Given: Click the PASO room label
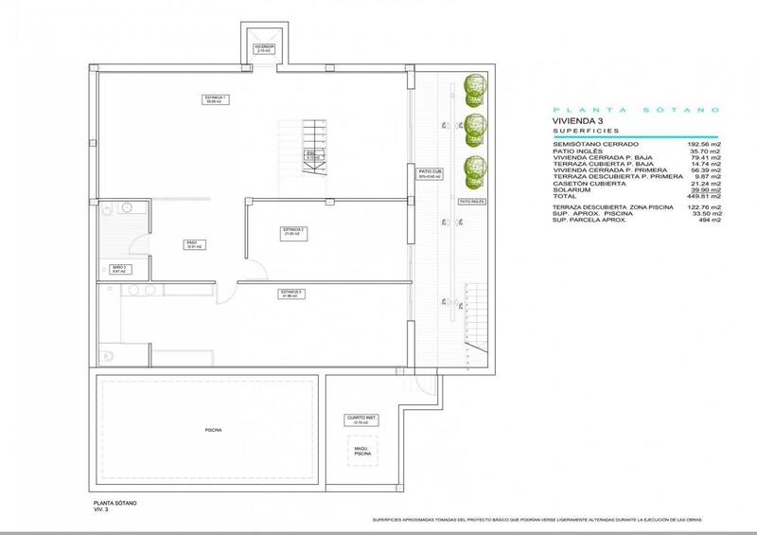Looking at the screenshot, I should point(191,244).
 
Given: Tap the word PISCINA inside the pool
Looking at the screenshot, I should point(213,430).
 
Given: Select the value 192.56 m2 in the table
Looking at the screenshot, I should point(704,145).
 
